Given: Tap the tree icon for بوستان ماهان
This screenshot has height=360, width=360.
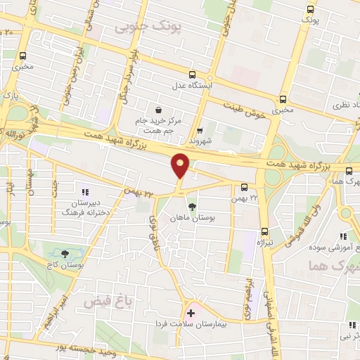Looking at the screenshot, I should tap(192, 207).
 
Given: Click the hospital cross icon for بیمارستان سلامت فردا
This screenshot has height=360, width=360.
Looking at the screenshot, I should tap(191, 312).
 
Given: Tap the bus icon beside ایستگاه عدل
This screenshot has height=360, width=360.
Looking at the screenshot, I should tap(193, 75).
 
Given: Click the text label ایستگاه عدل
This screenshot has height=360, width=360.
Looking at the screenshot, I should tap(193, 86).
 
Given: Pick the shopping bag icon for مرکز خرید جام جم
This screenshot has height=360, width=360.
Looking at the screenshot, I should tap(160, 109).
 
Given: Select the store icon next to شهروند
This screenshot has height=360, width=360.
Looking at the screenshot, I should tap(200, 130).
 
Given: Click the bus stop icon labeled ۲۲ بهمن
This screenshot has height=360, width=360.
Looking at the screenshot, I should tap(243, 187).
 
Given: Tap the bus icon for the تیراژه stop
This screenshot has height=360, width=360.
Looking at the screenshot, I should tap(265, 231).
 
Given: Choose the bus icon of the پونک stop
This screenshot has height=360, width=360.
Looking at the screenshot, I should tap(310, 10).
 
